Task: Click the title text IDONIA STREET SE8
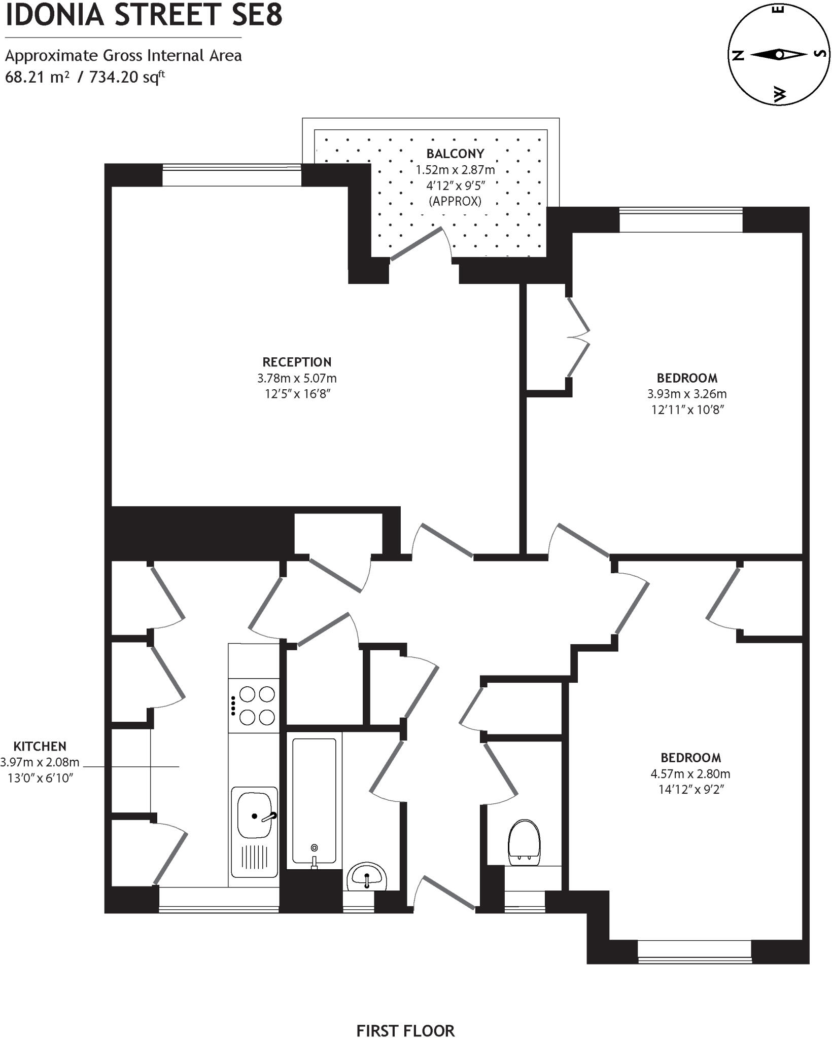pyautogui.click(x=144, y=15)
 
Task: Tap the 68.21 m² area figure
pyautogui.click(x=37, y=78)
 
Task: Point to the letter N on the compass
pyautogui.click(x=739, y=55)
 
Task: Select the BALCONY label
pyautogui.click(x=455, y=154)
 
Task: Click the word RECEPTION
pyautogui.click(x=297, y=362)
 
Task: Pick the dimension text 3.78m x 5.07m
pyautogui.click(x=297, y=378)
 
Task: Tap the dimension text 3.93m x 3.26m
pyautogui.click(x=687, y=394)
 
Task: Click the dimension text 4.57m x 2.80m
pyautogui.click(x=690, y=773)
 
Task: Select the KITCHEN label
pyautogui.click(x=40, y=746)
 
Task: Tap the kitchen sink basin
pyautogui.click(x=255, y=815)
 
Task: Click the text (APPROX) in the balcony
pyautogui.click(x=455, y=201)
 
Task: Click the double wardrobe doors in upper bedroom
pyautogui.click(x=578, y=338)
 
